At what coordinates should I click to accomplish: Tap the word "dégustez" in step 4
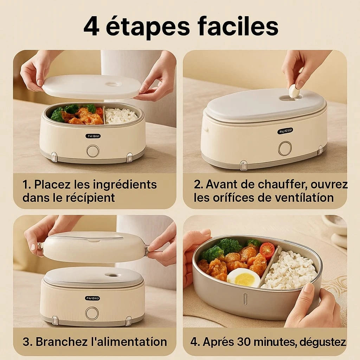pos(323,342)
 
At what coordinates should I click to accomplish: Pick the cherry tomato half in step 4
pos(267,250)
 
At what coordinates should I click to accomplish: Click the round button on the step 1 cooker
pos(93,151)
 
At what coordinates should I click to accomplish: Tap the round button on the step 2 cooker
pos(285,148)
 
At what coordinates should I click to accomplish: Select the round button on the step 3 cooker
pos(92,313)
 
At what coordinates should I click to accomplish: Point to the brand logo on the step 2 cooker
pos(285,131)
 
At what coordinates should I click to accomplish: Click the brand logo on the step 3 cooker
pos(92,298)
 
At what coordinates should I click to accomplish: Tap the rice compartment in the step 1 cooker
pos(121,115)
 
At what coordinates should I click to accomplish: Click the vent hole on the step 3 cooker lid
pos(112,275)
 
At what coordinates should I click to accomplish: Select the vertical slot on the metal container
pos(245,299)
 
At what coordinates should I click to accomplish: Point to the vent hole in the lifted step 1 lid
pos(114,84)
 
